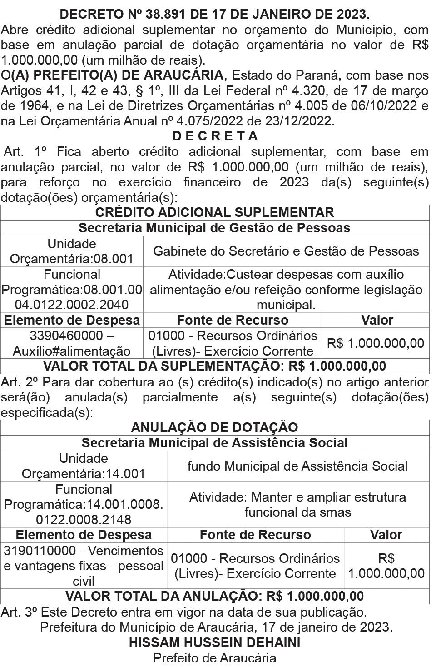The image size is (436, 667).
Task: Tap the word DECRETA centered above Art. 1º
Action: click(x=215, y=136)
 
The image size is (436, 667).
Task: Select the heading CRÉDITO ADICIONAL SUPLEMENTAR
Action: click(x=215, y=212)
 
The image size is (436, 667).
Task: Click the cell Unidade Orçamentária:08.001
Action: click(x=72, y=251)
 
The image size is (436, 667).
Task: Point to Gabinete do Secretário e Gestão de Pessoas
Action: click(x=286, y=251)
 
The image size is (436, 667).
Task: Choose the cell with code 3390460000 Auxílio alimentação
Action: click(x=72, y=343)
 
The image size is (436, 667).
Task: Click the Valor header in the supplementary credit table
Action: click(x=377, y=320)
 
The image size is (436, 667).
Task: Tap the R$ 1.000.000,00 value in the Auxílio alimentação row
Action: click(x=376, y=343)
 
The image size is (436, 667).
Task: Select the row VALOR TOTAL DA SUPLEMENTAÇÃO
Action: click(x=215, y=366)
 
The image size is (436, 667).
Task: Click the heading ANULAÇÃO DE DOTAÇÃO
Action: click(x=215, y=427)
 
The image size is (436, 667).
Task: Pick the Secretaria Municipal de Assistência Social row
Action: click(x=215, y=443)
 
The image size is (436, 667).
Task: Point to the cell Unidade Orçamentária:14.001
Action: click(x=84, y=466)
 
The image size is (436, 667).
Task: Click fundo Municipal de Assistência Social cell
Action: click(x=297, y=466)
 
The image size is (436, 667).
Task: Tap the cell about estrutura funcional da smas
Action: click(x=297, y=504)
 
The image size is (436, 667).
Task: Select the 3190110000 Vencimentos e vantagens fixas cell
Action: click(x=84, y=566)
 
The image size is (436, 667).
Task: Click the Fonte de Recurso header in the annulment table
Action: click(x=255, y=535)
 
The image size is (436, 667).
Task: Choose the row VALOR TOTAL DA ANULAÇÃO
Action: click(x=215, y=596)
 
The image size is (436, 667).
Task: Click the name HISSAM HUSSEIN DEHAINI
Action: click(x=215, y=642)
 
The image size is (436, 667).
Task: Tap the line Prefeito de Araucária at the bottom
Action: click(x=215, y=658)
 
